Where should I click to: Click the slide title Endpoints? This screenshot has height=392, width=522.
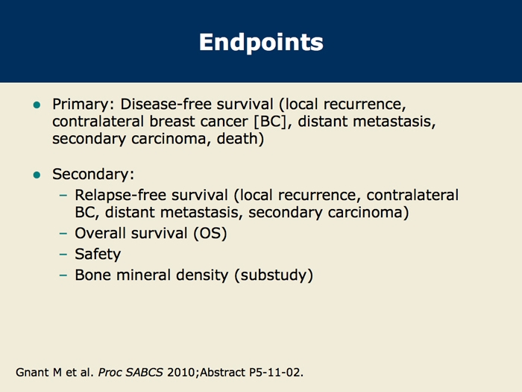pyautogui.click(x=261, y=43)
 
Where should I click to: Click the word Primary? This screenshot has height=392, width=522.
pyautogui.click(x=81, y=105)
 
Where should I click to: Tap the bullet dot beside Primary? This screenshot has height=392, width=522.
pyautogui.click(x=37, y=105)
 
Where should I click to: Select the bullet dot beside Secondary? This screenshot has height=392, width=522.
pyautogui.click(x=37, y=175)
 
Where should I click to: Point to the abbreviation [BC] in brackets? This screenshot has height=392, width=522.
pyautogui.click(x=270, y=121)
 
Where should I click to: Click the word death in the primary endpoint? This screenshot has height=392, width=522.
pyautogui.click(x=238, y=138)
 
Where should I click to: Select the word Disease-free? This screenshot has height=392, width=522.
pyautogui.click(x=166, y=104)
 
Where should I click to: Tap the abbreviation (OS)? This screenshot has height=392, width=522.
pyautogui.click(x=210, y=233)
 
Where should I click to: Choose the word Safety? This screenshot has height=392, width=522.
pyautogui.click(x=98, y=255)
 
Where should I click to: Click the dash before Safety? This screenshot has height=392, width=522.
pyautogui.click(x=63, y=255)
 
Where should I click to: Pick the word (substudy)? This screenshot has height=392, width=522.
pyautogui.click(x=274, y=276)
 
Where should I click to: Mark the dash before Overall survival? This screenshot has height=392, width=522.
pyautogui.click(x=63, y=233)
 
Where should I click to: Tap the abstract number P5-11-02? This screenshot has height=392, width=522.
pyautogui.click(x=275, y=372)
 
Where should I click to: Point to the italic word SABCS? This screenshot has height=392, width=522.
pyautogui.click(x=145, y=372)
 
